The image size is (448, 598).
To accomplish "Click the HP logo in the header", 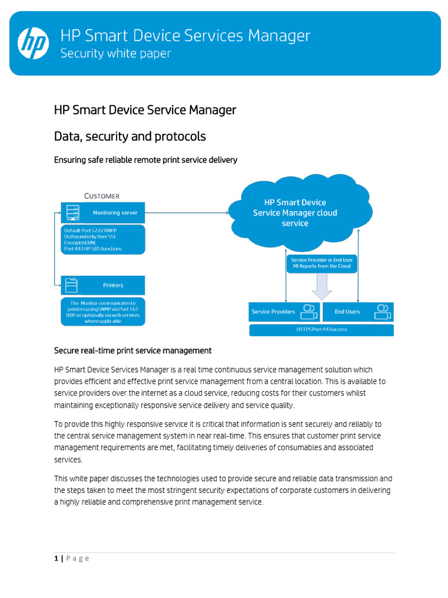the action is tap(33, 43).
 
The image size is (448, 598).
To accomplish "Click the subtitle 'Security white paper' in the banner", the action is tap(116, 53).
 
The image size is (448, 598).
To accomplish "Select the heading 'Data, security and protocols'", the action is tap(129, 136).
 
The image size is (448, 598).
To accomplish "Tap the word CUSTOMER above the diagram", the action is tap(102, 196).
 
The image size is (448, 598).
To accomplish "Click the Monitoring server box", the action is tap(103, 213).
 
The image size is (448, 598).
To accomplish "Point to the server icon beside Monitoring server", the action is tap(73, 213).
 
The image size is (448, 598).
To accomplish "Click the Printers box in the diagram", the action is tap(103, 285).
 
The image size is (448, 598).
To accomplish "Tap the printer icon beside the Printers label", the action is tap(71, 285).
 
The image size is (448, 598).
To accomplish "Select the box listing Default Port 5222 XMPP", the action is tap(103, 239).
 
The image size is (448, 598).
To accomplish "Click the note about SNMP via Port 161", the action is tap(103, 312).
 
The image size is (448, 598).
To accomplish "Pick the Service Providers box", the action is tap(284, 312).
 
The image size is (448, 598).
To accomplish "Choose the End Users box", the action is tap(358, 312).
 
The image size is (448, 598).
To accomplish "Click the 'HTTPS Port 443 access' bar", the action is tap(321, 330).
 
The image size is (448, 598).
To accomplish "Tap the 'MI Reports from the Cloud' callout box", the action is tap(322, 262).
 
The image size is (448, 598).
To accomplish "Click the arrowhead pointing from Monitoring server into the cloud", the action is tap(226, 213).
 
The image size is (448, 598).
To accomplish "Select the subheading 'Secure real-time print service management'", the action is tap(132, 350).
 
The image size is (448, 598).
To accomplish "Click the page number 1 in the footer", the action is tap(57, 558).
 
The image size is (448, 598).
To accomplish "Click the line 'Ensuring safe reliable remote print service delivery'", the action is tap(145, 159).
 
